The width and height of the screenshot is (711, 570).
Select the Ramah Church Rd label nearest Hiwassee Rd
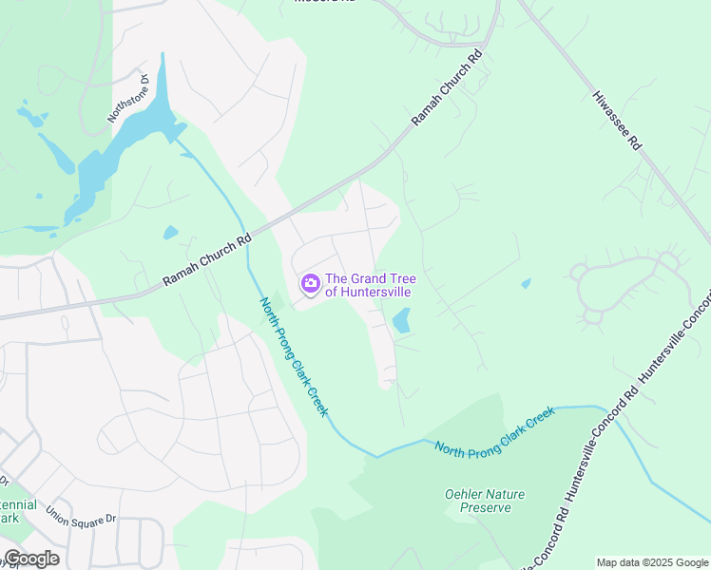(448, 88)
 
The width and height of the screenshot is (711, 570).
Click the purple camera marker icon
(310, 284)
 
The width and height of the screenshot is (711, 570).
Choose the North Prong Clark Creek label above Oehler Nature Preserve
(494, 432)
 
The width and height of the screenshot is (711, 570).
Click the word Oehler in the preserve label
(464, 494)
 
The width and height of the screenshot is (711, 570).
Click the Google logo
(31, 559)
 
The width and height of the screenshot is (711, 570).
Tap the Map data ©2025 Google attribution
(651, 562)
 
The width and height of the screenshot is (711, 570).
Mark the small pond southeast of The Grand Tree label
(401, 321)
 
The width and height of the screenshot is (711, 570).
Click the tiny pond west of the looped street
(526, 283)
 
